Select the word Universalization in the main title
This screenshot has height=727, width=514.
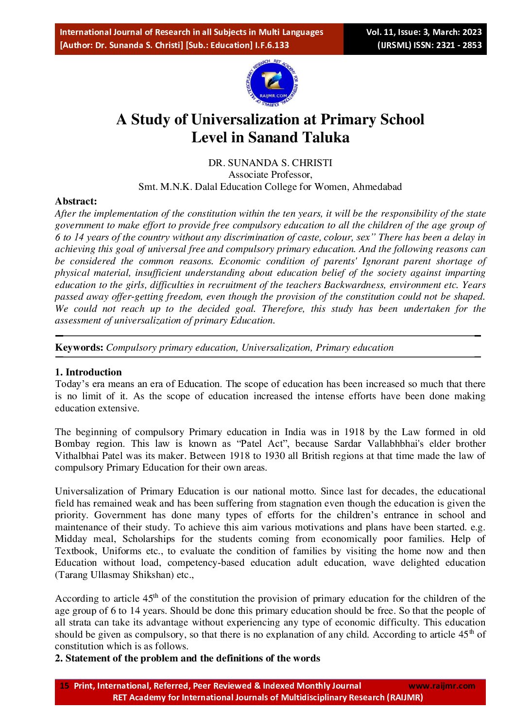coord(245,119)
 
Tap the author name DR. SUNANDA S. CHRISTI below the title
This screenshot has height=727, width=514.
coord(270,163)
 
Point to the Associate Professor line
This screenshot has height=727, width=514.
coord(270,174)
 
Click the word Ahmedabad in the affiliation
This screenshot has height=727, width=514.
coord(377,186)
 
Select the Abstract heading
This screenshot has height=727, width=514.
coord(76,201)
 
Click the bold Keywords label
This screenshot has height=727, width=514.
coord(79,347)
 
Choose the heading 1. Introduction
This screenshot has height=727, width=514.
coord(88,372)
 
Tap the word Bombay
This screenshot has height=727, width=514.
coord(72,443)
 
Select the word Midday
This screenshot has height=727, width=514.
coord(71,539)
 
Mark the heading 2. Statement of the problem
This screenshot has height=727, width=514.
coord(188,658)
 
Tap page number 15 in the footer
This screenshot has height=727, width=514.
coord(64,686)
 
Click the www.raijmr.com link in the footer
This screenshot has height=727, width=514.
coord(442,686)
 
